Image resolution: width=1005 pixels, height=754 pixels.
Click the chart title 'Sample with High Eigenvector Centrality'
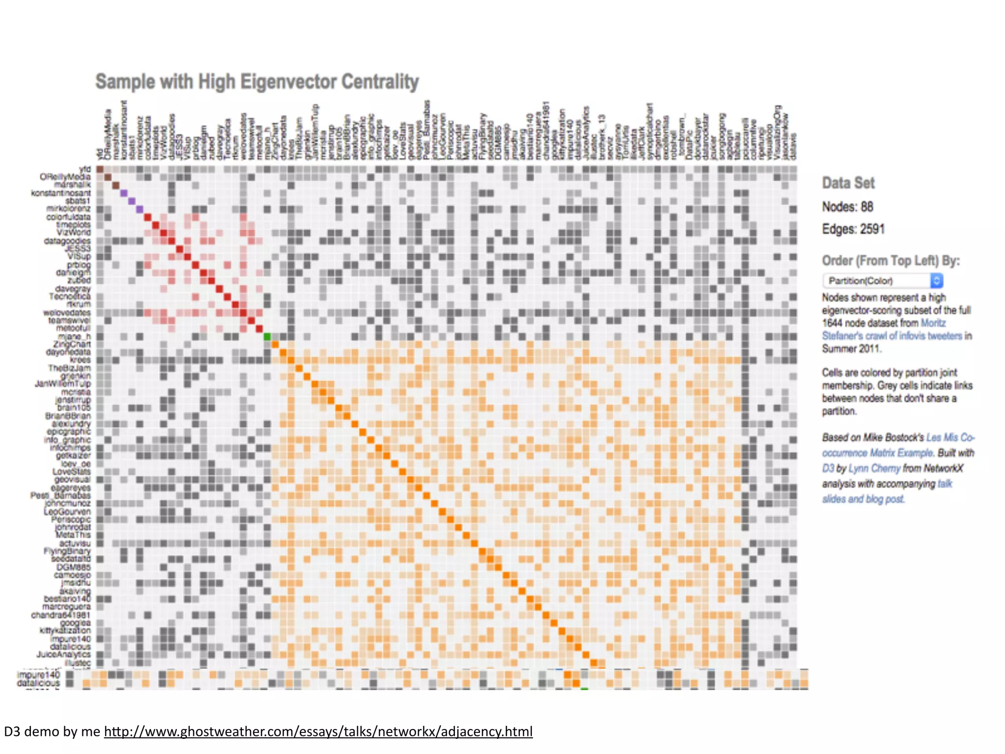257,82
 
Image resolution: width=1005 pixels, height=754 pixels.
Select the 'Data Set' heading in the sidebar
848,183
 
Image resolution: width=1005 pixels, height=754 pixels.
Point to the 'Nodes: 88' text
847,207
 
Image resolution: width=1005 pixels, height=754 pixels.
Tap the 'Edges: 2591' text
853,229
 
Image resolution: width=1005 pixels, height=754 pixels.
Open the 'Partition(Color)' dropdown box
882,281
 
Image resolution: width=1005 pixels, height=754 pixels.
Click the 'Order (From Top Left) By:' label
891,261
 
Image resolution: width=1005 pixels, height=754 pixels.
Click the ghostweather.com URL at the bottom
318,732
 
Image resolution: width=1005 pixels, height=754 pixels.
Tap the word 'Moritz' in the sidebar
933,323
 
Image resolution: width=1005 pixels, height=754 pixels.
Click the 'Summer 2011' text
851,349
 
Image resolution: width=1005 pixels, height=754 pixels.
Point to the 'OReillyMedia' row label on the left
65,177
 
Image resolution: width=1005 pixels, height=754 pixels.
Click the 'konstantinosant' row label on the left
61,193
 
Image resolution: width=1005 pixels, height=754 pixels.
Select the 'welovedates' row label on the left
67,313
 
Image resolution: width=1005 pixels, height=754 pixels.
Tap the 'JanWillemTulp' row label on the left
63,384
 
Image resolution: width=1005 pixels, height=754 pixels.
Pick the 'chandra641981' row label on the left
61,615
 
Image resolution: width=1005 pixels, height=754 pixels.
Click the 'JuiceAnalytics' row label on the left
63,654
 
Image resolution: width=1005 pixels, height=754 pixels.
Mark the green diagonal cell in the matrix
267,337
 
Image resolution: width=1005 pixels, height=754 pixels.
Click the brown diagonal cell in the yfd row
100,169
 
